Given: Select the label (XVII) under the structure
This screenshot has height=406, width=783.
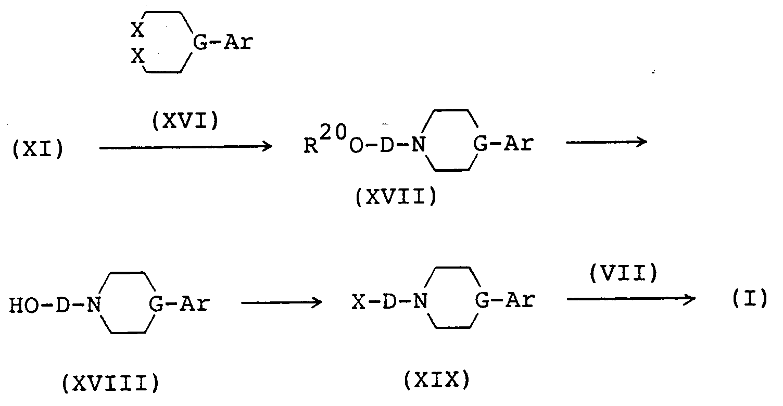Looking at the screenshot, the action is click(x=396, y=198).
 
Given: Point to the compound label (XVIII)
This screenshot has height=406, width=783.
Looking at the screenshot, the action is click(x=109, y=385).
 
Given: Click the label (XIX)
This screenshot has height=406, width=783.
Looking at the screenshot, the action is click(x=436, y=382).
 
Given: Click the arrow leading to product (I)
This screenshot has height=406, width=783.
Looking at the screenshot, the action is click(x=631, y=298).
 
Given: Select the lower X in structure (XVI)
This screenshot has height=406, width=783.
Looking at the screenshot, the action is click(x=137, y=56).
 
